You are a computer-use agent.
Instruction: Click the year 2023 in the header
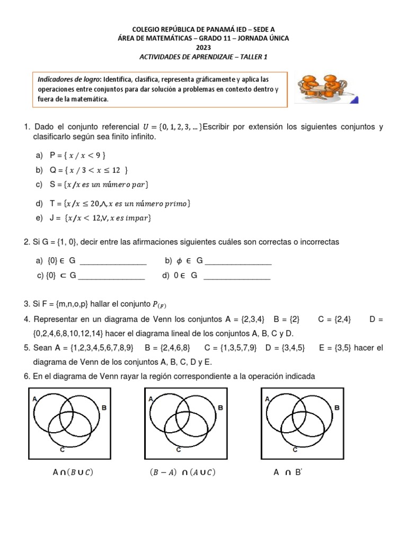203,47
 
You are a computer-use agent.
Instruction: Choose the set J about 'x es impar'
101,218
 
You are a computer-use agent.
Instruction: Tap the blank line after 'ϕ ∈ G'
238,261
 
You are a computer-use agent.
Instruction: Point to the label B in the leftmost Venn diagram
104,408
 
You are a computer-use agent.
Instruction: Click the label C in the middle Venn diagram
179,450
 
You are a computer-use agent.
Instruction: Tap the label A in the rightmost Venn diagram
267,398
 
